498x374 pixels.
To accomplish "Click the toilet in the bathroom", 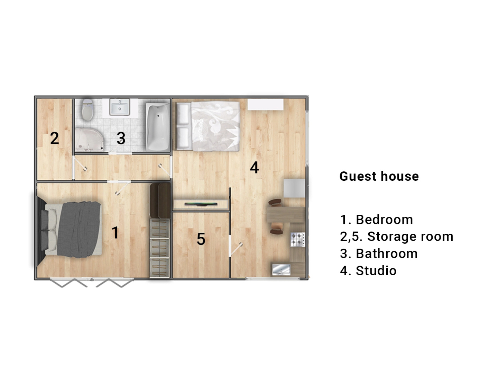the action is pyautogui.click(x=87, y=109).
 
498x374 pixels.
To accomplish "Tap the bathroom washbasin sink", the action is pyautogui.click(x=120, y=107).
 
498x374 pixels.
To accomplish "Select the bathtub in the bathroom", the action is pyautogui.click(x=158, y=127).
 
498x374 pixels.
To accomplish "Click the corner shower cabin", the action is pyautogui.click(x=89, y=140).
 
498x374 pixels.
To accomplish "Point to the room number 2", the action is pyautogui.click(x=54, y=138).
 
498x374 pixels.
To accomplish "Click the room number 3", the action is pyautogui.click(x=121, y=138).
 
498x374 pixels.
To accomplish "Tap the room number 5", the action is pyautogui.click(x=201, y=239).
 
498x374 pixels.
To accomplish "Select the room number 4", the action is pyautogui.click(x=254, y=168).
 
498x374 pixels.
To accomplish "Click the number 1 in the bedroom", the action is pyautogui.click(x=116, y=232).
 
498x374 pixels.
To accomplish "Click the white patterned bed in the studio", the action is pyautogui.click(x=208, y=126).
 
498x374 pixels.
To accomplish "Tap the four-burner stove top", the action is pyautogui.click(x=298, y=240).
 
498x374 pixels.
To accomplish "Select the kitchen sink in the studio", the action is pyautogui.click(x=281, y=270).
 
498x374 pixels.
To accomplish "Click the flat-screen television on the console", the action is pyautogui.click(x=201, y=204).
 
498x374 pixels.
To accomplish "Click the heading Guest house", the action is pyautogui.click(x=379, y=176).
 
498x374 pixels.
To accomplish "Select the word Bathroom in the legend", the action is pyautogui.click(x=387, y=253).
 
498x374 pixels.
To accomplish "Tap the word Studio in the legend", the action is pyautogui.click(x=376, y=271).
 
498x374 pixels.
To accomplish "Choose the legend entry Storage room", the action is pyautogui.click(x=410, y=237).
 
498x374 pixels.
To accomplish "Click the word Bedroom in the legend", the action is pyautogui.click(x=384, y=220).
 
